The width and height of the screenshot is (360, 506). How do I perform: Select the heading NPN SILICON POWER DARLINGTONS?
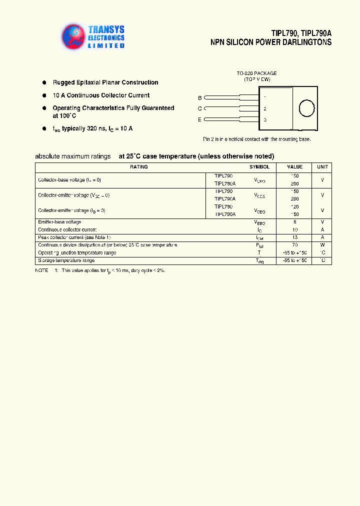(x=270, y=42)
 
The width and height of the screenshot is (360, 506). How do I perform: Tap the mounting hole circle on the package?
(x=306, y=108)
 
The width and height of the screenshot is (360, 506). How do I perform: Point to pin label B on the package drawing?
(x=200, y=97)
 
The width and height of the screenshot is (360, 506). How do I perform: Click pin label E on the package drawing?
(x=200, y=119)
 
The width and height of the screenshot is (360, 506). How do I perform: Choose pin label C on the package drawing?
(x=200, y=108)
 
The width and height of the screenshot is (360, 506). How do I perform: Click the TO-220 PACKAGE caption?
(x=256, y=73)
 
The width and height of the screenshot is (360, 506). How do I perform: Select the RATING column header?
(x=138, y=167)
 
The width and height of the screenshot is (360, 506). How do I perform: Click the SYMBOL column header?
(x=259, y=167)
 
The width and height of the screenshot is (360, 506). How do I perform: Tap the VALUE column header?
(x=294, y=167)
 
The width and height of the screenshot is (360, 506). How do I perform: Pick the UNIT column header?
(x=322, y=167)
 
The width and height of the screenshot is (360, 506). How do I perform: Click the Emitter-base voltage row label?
(x=59, y=222)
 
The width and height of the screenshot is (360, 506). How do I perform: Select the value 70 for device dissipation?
(x=294, y=245)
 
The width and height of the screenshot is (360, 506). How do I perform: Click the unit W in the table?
(x=322, y=245)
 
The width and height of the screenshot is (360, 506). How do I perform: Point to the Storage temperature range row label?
(x=66, y=260)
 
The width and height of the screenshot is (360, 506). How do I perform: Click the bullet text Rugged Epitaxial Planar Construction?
(x=105, y=82)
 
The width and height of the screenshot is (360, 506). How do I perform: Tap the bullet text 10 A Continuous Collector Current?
(x=101, y=95)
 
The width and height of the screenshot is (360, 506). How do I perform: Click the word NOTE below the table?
(x=41, y=270)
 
